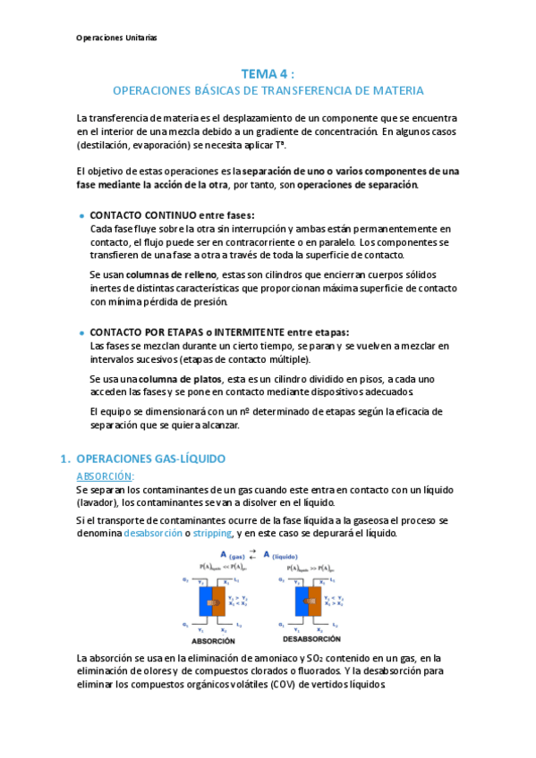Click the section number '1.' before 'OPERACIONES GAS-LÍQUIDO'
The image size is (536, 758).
pyautogui.click(x=64, y=459)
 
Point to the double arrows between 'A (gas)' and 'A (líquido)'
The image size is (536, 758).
pyautogui.click(x=253, y=554)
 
